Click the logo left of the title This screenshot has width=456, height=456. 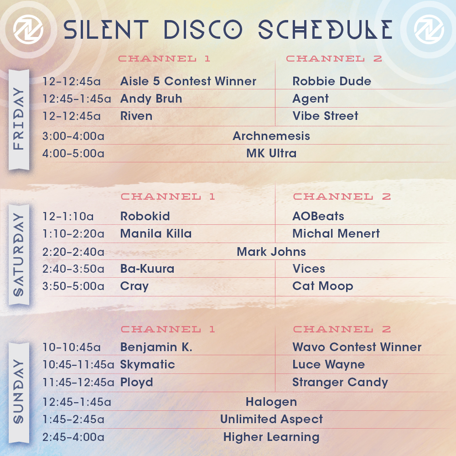(28, 29)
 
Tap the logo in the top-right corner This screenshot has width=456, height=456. (429, 29)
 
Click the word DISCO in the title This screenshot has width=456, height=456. (203, 29)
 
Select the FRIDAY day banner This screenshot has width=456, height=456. (19, 119)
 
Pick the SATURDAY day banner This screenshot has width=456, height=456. (19, 255)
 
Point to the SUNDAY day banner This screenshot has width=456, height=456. (19, 393)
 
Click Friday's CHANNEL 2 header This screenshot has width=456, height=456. (334, 58)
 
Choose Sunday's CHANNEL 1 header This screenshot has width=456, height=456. (168, 329)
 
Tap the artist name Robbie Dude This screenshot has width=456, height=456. (332, 81)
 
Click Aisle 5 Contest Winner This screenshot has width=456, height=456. (188, 81)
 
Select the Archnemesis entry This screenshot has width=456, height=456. (271, 136)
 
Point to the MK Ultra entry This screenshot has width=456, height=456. (271, 153)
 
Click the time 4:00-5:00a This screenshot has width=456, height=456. (73, 153)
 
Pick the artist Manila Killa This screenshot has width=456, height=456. (156, 233)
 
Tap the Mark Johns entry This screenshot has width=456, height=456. (271, 252)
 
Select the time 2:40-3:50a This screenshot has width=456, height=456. (73, 269)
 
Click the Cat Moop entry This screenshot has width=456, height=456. (323, 286)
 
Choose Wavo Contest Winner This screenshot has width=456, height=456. (357, 347)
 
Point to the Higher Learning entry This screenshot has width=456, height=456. (271, 437)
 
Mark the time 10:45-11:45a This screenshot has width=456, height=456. (78, 365)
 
